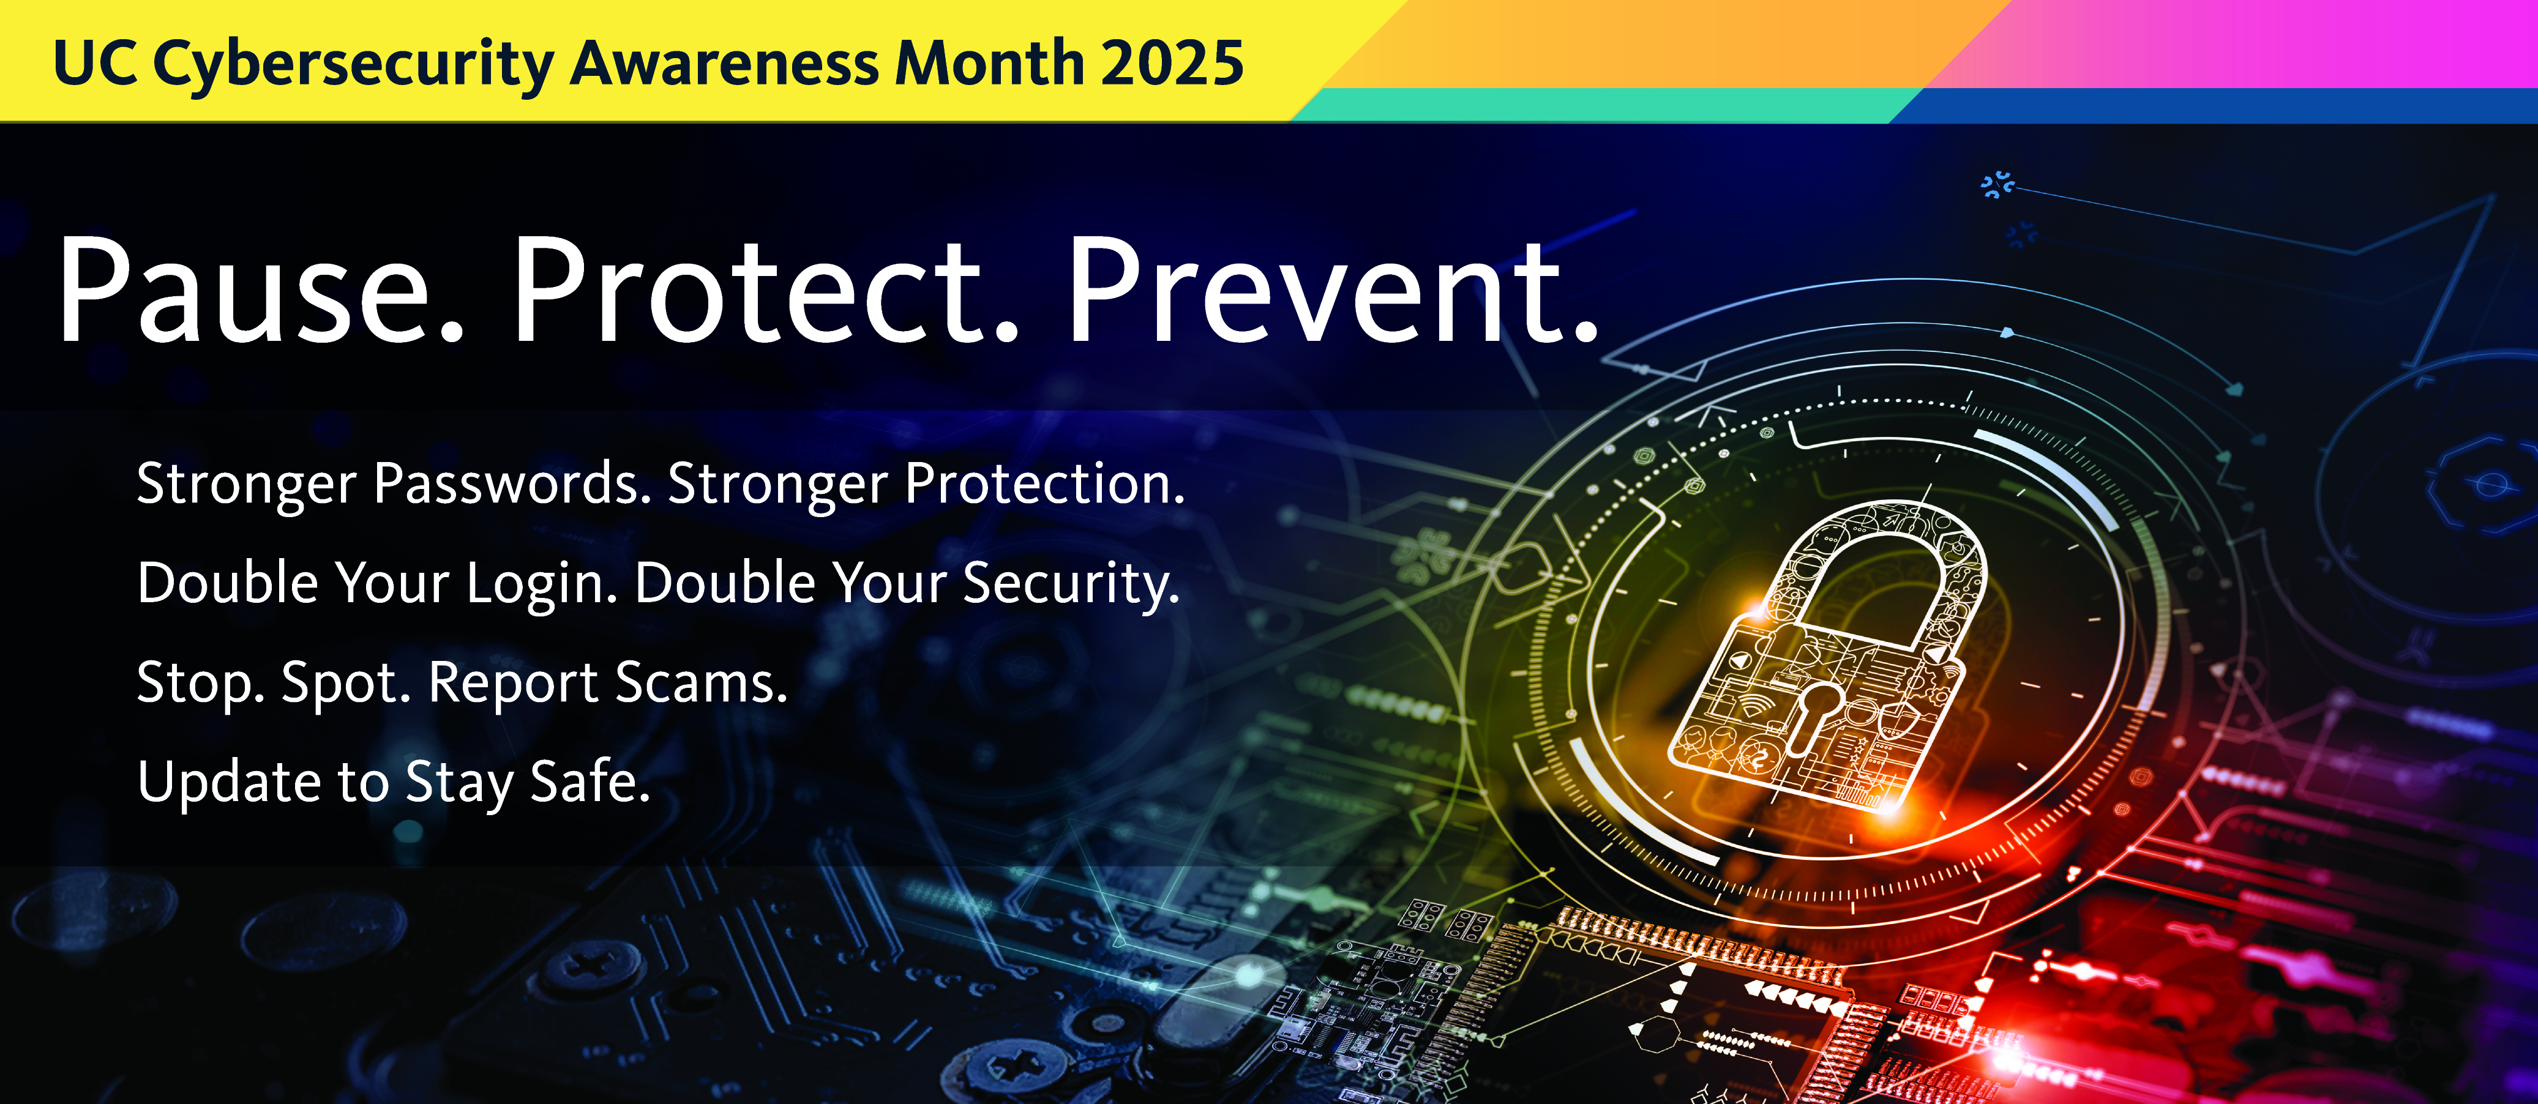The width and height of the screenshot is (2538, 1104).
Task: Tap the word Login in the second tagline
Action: [x=541, y=584]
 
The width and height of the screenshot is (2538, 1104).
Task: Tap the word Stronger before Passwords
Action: [x=246, y=485]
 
